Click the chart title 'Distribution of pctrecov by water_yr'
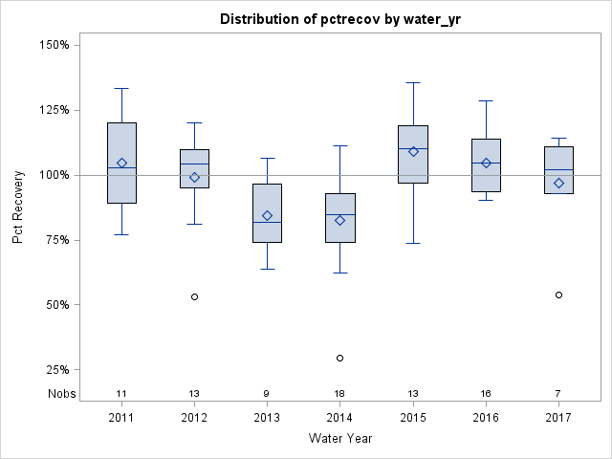338,19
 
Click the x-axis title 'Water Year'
339,438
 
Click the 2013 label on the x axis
267,418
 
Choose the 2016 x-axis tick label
486,418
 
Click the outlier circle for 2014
339,358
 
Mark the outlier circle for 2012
194,296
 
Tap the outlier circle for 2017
558,295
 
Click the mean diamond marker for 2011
121,163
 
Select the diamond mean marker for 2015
413,151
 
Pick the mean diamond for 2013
267,215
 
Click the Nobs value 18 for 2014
339,393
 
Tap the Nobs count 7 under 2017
558,393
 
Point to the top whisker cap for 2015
413,82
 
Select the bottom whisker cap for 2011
121,234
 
